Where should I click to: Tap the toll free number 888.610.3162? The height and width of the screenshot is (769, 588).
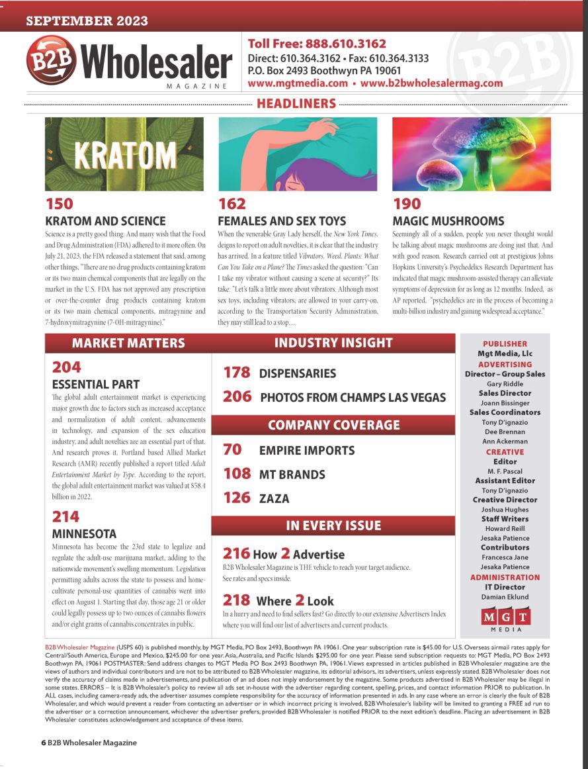coord(344,44)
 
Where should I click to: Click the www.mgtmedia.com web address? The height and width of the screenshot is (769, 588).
coord(298,83)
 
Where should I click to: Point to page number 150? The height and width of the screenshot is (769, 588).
coord(59,204)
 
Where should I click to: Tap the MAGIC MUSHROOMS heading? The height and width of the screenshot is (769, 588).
coord(448,221)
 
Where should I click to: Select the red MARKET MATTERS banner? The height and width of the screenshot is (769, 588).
coord(128,343)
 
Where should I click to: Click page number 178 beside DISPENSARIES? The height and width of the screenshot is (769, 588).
coord(237,373)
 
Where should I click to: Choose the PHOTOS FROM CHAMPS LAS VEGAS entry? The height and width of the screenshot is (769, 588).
coord(353,398)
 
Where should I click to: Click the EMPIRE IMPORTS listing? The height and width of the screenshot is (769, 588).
coord(306,451)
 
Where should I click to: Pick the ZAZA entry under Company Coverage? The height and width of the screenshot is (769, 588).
coord(274,498)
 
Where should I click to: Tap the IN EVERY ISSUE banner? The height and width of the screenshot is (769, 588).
coord(333,526)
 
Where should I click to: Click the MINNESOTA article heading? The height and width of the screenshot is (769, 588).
coord(84,533)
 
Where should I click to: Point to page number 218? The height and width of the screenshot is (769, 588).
coord(236,601)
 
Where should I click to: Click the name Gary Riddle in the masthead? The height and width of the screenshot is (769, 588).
coord(505,384)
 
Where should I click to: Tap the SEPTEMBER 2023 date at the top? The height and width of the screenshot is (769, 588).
coord(77,21)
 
